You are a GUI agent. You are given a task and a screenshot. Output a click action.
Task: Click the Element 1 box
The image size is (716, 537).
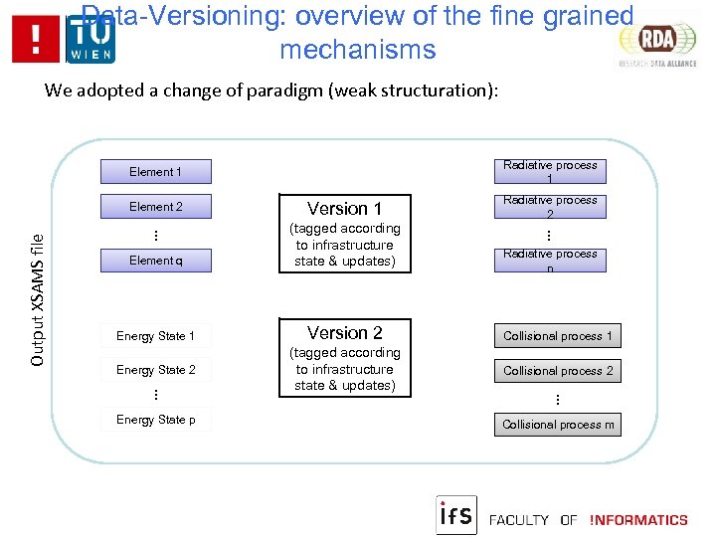pos(155,172)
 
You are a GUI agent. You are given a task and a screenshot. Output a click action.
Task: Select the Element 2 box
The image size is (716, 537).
pos(155,207)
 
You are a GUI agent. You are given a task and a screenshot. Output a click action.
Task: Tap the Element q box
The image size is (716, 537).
pos(155,261)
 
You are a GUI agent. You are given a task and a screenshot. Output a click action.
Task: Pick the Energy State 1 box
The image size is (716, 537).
pos(155,336)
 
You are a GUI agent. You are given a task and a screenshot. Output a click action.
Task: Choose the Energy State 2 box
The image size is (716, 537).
pos(155,370)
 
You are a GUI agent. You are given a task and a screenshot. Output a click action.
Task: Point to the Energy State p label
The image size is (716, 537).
pos(155,420)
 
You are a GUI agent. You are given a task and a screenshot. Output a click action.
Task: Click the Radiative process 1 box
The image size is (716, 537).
pos(550,171)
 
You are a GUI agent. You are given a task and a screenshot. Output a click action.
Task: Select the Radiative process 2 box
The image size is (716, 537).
pos(550,207)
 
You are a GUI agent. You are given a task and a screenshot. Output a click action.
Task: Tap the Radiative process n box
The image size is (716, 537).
pos(550,261)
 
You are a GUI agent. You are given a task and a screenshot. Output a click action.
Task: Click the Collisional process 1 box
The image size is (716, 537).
pos(558,336)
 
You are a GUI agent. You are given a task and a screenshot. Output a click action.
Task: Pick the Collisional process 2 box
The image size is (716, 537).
pos(558,371)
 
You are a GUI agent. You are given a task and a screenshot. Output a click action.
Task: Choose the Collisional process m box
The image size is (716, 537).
pos(558,425)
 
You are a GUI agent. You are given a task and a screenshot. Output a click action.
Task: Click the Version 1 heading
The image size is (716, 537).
pos(344,209)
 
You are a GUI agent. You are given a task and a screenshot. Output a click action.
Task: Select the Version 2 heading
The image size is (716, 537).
pos(344,333)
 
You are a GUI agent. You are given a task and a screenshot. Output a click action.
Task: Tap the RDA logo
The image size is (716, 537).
pos(657,41)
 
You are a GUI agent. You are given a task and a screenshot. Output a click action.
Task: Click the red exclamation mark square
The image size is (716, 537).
pos(37,40)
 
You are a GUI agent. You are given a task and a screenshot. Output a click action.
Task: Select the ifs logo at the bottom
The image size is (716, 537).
pos(456,515)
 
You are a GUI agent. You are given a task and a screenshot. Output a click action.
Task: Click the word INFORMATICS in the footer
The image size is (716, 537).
pos(638,520)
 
